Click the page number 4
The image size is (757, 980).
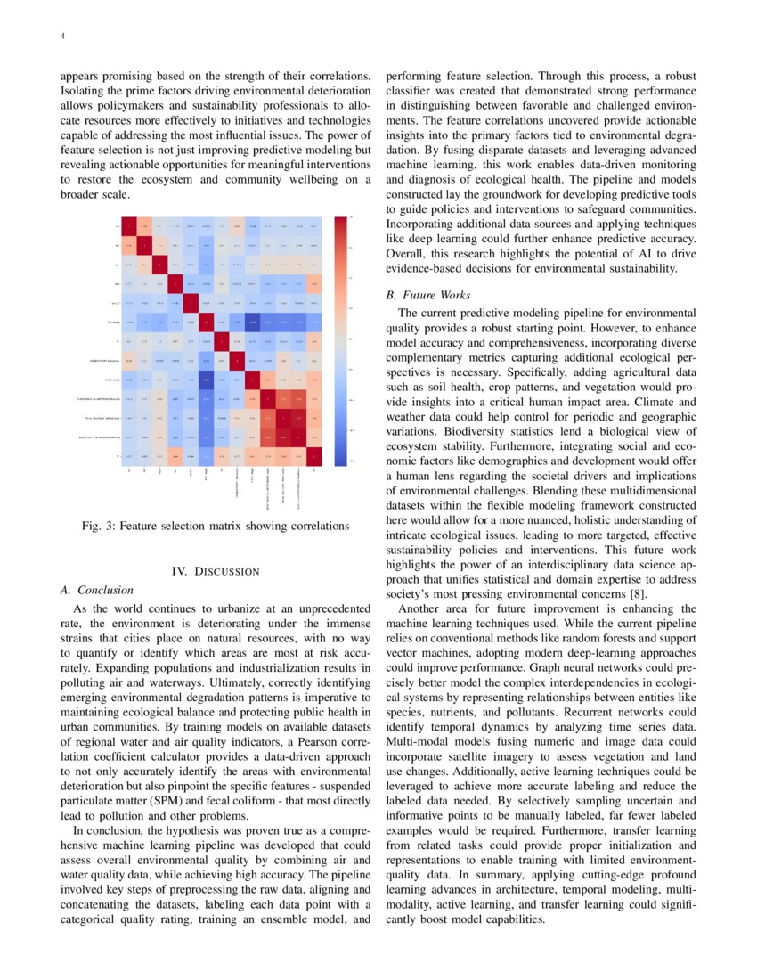tap(62, 37)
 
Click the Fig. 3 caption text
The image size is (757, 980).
tap(215, 526)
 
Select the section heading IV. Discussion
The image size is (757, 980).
tap(215, 570)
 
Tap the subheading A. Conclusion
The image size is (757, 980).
tap(95, 590)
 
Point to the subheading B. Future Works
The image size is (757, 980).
tap(427, 295)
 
